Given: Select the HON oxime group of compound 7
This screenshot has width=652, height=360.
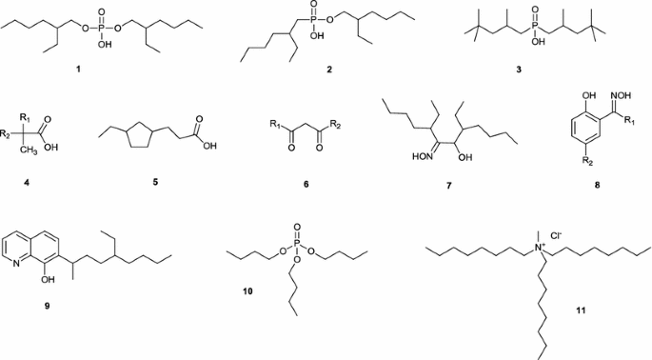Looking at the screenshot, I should [x=394, y=157].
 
